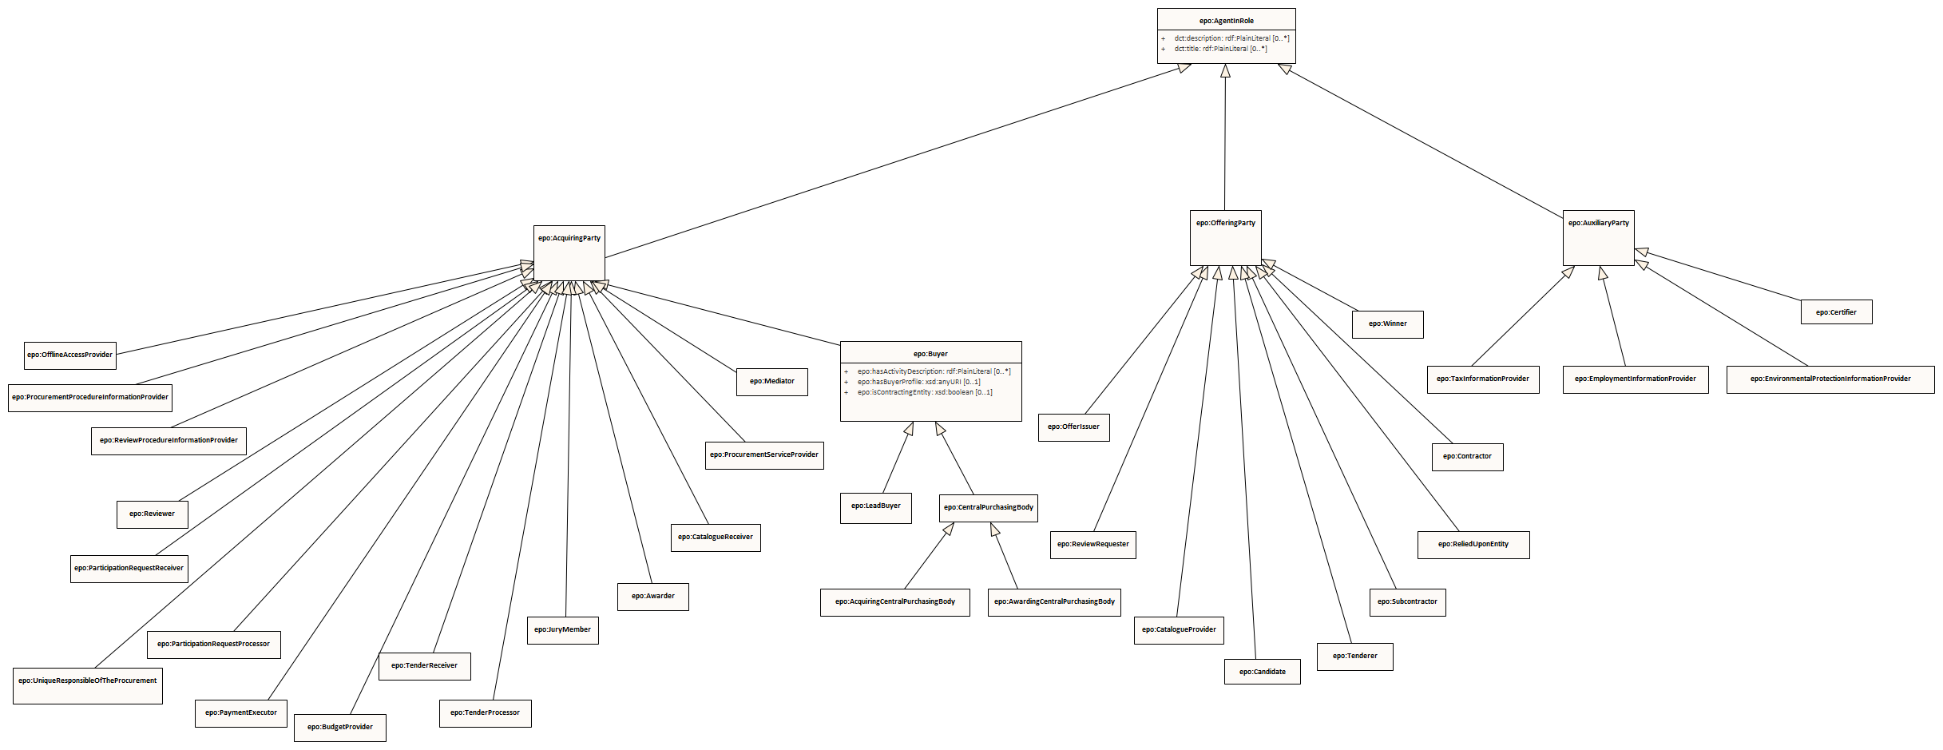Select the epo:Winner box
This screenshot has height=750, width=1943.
pyautogui.click(x=1387, y=324)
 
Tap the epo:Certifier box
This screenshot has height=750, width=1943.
pyautogui.click(x=1836, y=312)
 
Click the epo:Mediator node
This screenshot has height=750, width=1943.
pyautogui.click(x=771, y=382)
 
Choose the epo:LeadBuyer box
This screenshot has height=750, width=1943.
pyautogui.click(x=875, y=506)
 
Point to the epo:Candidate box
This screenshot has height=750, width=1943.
pyautogui.click(x=1262, y=672)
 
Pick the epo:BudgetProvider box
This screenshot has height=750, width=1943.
pyautogui.click(x=339, y=728)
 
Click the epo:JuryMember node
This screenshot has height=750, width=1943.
pyautogui.click(x=562, y=630)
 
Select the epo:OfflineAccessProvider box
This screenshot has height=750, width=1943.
pyautogui.click(x=69, y=355)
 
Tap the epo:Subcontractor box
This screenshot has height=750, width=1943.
pyautogui.click(x=1406, y=602)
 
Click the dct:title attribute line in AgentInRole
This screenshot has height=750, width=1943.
pyautogui.click(x=1219, y=49)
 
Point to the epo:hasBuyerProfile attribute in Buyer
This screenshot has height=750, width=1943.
pyautogui.click(x=918, y=382)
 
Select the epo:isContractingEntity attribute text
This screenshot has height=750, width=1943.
pyautogui.click(x=925, y=392)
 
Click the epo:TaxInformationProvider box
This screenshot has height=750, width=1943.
pyautogui.click(x=1482, y=379)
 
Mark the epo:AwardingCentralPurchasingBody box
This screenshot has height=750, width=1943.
pyautogui.click(x=1054, y=602)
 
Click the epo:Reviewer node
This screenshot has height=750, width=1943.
pyautogui.click(x=152, y=514)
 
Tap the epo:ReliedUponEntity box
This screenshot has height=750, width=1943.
pyautogui.click(x=1473, y=545)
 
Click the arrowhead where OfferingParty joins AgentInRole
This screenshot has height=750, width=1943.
pyautogui.click(x=1225, y=71)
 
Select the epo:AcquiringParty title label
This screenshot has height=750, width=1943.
pyautogui.click(x=569, y=238)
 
